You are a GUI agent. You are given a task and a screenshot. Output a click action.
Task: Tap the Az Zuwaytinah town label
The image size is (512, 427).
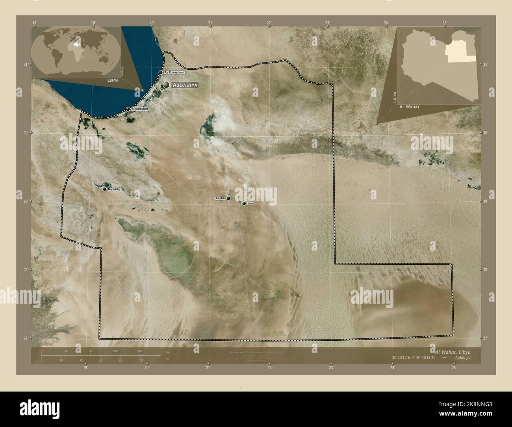click(174, 72)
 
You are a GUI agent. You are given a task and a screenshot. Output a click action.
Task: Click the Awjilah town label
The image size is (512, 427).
click(220, 198)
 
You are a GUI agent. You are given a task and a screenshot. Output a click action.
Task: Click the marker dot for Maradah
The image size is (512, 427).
click(104, 189)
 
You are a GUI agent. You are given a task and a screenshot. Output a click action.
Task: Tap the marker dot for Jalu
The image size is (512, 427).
click(244, 204)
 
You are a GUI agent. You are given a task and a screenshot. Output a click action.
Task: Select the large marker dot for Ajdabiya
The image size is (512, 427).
click(167, 85)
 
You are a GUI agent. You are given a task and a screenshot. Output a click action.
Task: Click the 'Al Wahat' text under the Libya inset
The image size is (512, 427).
click(409, 107)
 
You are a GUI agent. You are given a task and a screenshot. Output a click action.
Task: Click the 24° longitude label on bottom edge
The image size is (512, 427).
click(392, 368)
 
